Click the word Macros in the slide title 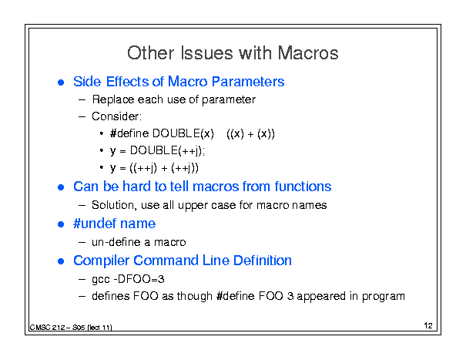[x=308, y=53]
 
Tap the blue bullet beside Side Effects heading [x=61, y=82]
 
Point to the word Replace [x=113, y=99]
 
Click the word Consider [x=116, y=116]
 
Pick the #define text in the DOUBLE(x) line [x=129, y=133]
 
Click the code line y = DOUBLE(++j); [x=157, y=151]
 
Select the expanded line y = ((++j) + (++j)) [x=154, y=168]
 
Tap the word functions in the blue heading [x=303, y=187]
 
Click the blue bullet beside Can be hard [x=61, y=187]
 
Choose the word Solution [x=114, y=205]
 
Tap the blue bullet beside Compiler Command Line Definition [x=61, y=261]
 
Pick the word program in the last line [x=384, y=297]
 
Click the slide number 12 [x=428, y=325]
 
